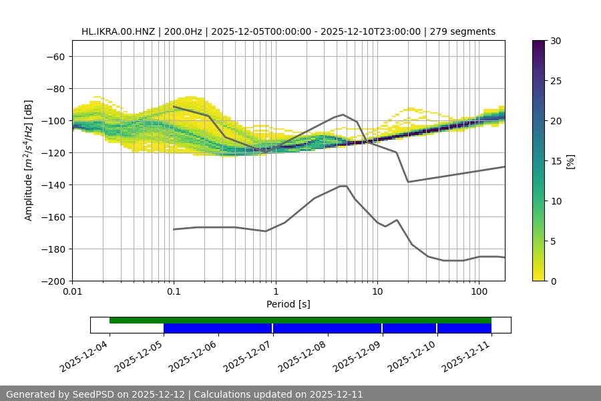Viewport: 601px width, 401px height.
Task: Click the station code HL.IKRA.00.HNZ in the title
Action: (x=118, y=31)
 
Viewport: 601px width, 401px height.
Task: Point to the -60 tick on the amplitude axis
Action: (x=55, y=56)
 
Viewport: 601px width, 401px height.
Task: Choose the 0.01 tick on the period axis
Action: (x=72, y=291)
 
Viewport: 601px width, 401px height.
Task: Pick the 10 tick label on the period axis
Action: (x=377, y=291)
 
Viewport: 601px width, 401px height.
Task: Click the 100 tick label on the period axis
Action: (x=479, y=291)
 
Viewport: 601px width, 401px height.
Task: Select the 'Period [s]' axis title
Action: (x=288, y=304)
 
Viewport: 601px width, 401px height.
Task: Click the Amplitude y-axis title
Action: (x=29, y=160)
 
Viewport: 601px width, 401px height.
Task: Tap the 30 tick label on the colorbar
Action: (x=555, y=41)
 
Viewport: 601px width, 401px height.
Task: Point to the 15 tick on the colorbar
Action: (x=555, y=160)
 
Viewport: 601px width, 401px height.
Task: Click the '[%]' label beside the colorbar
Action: (x=570, y=160)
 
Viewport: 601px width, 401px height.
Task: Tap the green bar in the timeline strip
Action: (x=300, y=320)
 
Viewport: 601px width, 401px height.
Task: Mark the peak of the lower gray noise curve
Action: (x=343, y=186)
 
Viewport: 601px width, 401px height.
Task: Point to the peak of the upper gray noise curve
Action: (x=343, y=114)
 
